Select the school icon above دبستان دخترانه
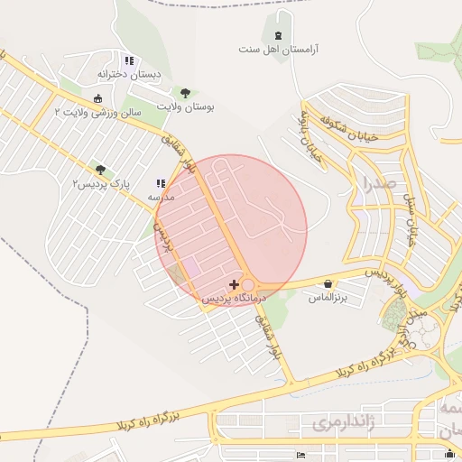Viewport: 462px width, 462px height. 129,61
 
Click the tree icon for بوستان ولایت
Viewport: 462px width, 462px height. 185,93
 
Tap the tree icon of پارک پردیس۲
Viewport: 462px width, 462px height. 100,170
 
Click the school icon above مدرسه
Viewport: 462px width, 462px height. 162,183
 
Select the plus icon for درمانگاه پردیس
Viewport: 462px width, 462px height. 236,284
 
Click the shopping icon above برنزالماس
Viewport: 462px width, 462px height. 327,283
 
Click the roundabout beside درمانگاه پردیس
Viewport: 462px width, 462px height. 247,284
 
